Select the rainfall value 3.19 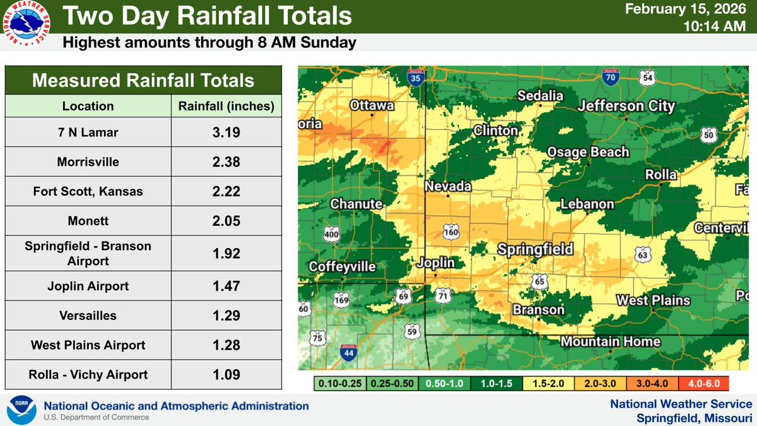point(226,133)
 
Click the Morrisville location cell point(88,162)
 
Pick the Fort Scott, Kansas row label point(88,191)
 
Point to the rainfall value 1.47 point(226,287)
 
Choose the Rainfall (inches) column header point(226,106)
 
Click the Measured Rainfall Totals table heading point(143,81)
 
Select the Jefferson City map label point(626,106)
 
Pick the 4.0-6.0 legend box point(703,383)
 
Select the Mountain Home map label point(610,342)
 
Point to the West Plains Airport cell point(88,345)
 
